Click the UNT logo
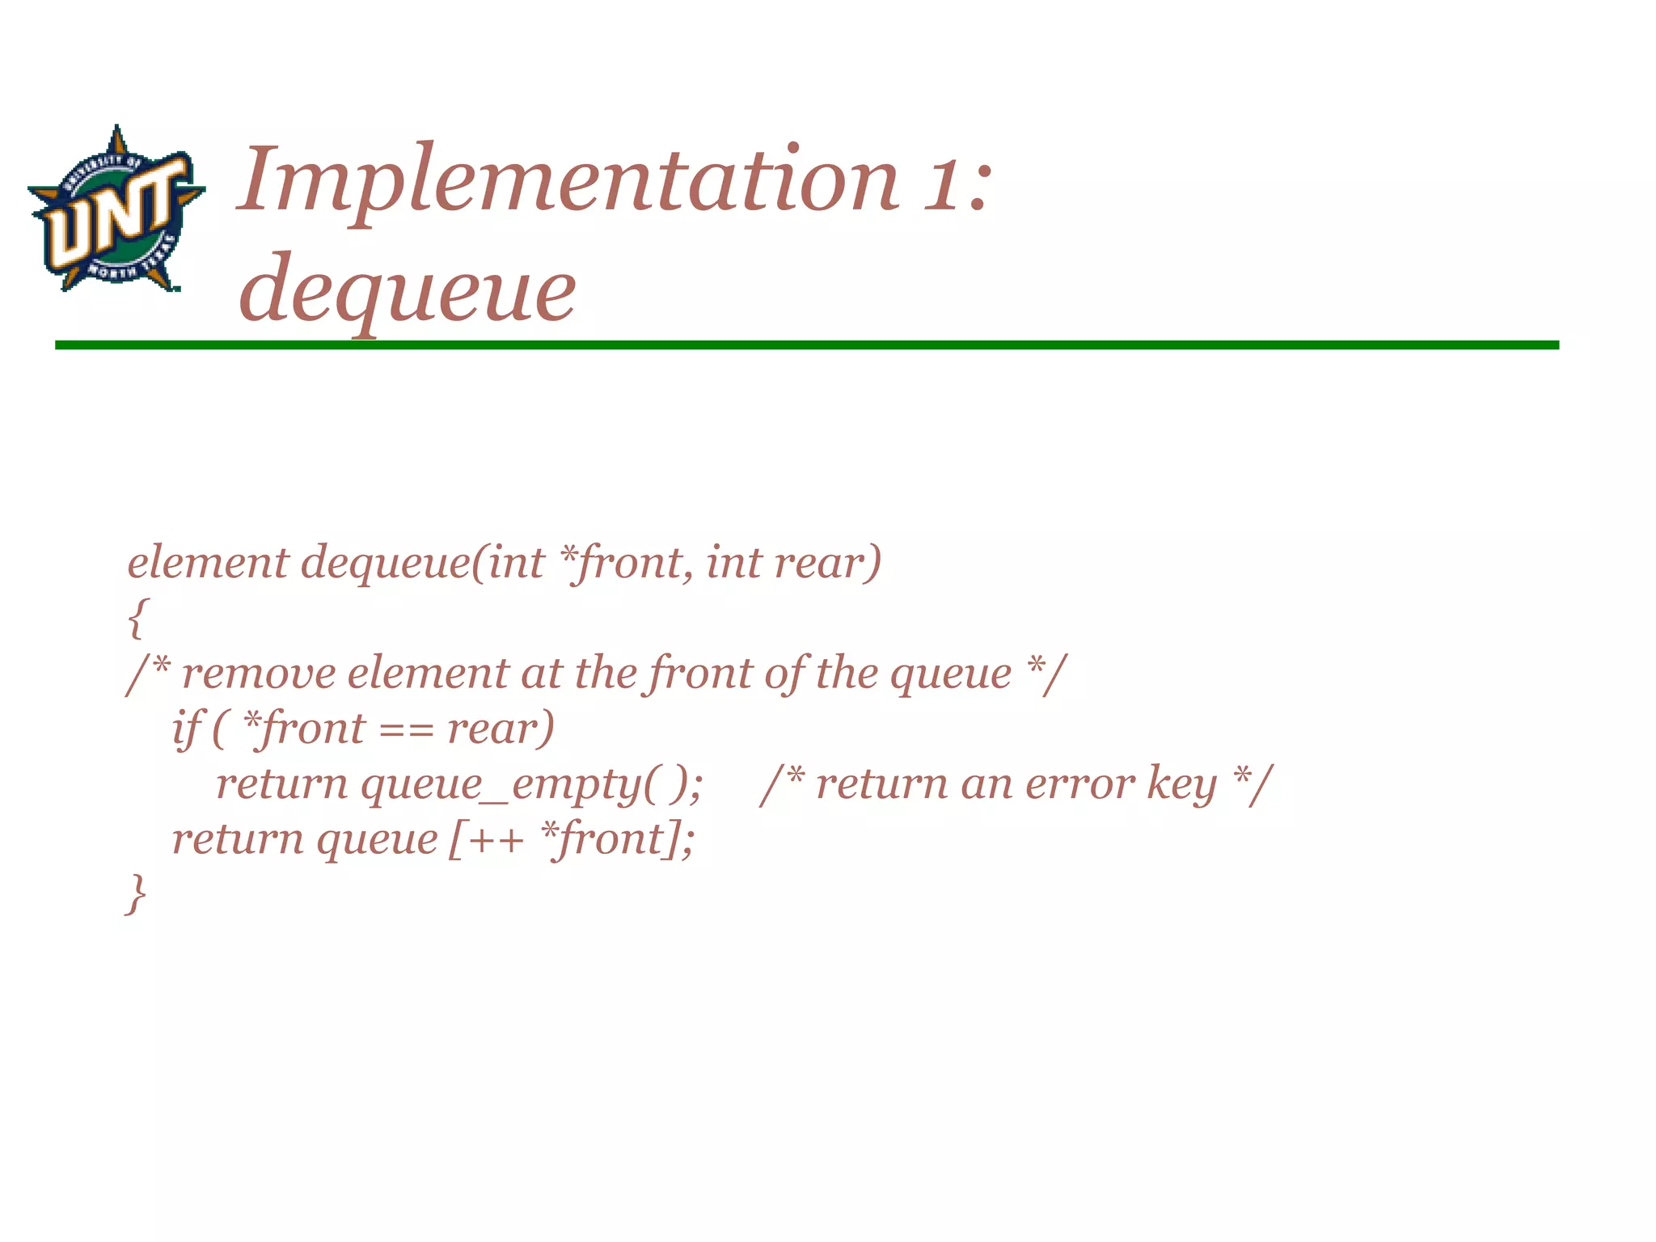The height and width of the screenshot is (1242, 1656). tap(116, 209)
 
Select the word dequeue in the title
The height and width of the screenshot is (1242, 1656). tap(408, 289)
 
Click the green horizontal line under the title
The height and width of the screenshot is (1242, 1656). tap(806, 345)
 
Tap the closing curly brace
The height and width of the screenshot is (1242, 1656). tap(137, 893)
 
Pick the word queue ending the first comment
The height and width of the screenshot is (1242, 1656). tap(951, 674)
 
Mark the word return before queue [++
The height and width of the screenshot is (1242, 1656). tap(238, 839)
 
